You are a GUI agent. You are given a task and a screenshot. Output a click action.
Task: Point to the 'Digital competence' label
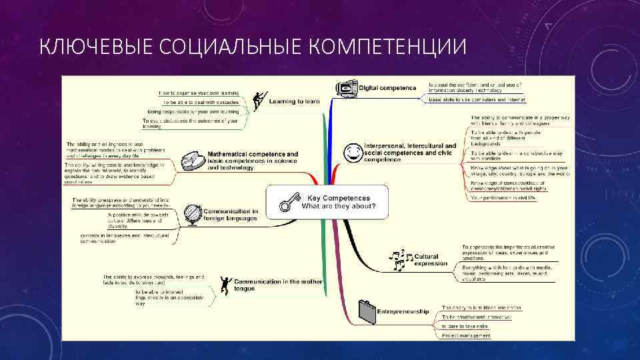(x=387, y=88)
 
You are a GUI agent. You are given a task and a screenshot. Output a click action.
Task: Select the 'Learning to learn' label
(x=294, y=102)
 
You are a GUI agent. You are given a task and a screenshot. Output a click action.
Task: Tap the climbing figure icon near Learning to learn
(x=259, y=101)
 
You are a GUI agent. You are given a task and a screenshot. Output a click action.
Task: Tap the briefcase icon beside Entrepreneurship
(x=366, y=310)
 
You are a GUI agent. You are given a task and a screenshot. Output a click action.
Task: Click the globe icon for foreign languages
(x=193, y=215)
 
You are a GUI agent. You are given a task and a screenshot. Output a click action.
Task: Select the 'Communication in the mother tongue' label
(x=278, y=285)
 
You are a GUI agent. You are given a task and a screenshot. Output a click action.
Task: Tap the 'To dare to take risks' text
(x=465, y=327)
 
